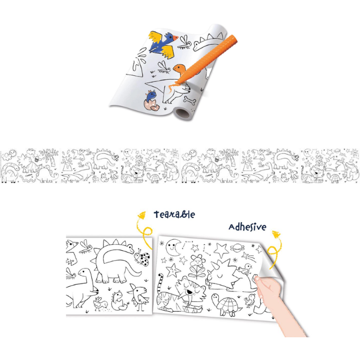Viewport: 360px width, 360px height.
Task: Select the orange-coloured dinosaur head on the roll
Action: point(178,68)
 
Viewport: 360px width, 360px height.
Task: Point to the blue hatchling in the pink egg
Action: point(151,96)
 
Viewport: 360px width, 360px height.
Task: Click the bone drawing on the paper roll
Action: point(189,100)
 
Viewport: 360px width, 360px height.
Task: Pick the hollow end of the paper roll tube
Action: point(182,114)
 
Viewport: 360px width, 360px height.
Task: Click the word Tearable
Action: point(174,214)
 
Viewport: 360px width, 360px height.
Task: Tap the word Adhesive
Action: point(248,227)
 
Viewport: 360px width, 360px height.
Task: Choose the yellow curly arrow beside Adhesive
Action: point(275,250)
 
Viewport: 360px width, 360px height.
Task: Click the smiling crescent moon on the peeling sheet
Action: point(173,248)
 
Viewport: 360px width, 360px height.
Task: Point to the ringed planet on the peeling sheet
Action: point(238,248)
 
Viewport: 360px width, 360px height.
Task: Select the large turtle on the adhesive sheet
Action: point(226,305)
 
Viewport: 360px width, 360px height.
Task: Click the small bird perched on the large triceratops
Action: point(246,269)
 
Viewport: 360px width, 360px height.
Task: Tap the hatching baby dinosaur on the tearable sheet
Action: point(118,300)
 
